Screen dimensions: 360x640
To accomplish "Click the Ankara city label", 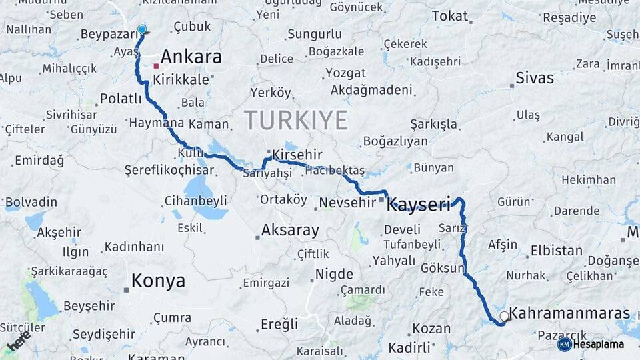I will (191, 57).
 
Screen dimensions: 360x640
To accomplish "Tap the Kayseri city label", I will (419, 204).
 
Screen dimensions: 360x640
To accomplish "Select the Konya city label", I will (158, 281).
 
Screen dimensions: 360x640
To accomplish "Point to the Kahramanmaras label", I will (569, 313).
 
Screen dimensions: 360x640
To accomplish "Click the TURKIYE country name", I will (295, 121).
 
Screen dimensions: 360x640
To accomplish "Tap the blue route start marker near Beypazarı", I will (141, 30).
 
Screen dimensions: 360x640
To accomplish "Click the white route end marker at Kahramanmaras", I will (504, 316).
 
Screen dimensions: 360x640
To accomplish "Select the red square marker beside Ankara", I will (156, 66).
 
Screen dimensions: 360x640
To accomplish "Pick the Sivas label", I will (535, 78).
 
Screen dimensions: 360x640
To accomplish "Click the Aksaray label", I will (290, 231).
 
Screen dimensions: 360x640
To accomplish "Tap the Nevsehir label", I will (347, 202).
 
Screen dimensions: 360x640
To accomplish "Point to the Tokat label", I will (450, 16).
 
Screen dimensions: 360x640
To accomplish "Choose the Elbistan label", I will (556, 251).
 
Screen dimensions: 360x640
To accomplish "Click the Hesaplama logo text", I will (598, 345).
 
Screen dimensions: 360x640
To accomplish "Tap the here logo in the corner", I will (18, 341).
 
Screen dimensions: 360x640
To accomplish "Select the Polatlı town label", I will (121, 99).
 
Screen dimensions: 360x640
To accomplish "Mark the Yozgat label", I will (345, 73).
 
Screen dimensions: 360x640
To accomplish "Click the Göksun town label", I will (442, 269).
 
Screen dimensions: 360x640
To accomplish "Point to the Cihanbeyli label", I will (196, 201).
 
